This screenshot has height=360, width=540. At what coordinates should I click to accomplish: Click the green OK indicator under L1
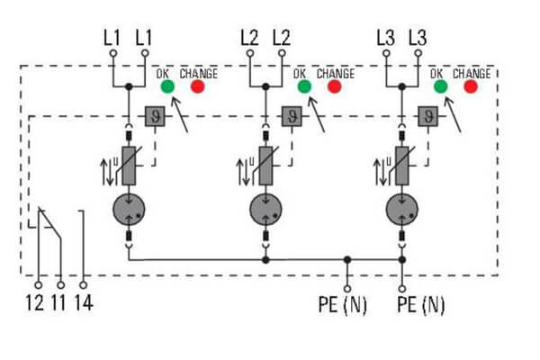[x=167, y=87]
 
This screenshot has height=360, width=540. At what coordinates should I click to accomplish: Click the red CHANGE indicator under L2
[x=335, y=87]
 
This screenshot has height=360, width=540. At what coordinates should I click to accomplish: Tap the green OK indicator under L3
[x=440, y=87]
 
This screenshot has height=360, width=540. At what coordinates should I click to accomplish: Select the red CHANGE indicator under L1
[x=196, y=87]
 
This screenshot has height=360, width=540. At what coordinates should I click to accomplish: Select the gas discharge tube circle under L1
[x=130, y=211]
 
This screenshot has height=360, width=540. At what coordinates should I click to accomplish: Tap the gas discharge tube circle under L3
[x=401, y=211]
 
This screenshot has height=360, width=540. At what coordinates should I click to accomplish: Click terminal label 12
[x=36, y=303]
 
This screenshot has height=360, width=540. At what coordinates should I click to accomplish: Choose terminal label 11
[x=59, y=303]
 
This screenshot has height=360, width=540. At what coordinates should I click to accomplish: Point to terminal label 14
[x=83, y=303]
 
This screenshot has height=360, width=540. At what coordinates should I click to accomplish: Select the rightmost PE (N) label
[x=420, y=305]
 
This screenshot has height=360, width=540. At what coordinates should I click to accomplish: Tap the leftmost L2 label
[x=249, y=40]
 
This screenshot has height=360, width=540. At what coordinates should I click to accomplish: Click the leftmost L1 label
[x=112, y=40]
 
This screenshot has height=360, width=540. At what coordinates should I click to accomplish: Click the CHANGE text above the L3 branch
[x=473, y=73]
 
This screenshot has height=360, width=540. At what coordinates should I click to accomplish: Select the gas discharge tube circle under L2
[x=265, y=211]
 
